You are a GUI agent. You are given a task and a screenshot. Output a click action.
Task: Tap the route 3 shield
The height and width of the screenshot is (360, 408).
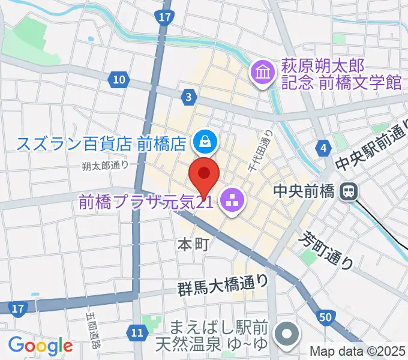(189, 97)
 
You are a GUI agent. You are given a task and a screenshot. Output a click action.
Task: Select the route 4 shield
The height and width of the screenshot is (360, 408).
(325, 148)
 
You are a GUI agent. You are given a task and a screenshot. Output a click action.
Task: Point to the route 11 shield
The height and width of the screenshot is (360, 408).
(137, 332)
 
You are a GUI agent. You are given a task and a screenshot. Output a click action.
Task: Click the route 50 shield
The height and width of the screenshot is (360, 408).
(326, 316)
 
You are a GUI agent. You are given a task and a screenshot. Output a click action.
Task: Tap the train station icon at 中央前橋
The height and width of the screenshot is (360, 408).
(347, 192)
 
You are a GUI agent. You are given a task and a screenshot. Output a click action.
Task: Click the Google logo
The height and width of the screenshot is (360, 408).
(40, 346)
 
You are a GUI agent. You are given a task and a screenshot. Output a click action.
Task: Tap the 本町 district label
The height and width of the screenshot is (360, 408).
(193, 244)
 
